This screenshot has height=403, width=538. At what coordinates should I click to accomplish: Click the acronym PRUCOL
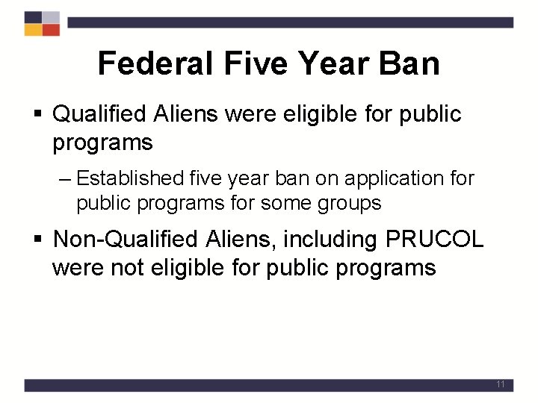click(x=435, y=240)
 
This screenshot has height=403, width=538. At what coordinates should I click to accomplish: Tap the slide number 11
click(x=501, y=384)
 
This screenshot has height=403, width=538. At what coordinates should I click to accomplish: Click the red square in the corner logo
click(x=51, y=30)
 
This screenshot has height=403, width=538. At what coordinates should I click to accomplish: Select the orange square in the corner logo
click(x=33, y=30)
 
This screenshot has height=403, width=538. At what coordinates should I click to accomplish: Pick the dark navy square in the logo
click(x=33, y=17)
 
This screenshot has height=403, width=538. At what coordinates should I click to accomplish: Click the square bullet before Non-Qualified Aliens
click(x=41, y=240)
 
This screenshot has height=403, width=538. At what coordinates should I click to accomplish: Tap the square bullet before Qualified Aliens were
click(x=41, y=115)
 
